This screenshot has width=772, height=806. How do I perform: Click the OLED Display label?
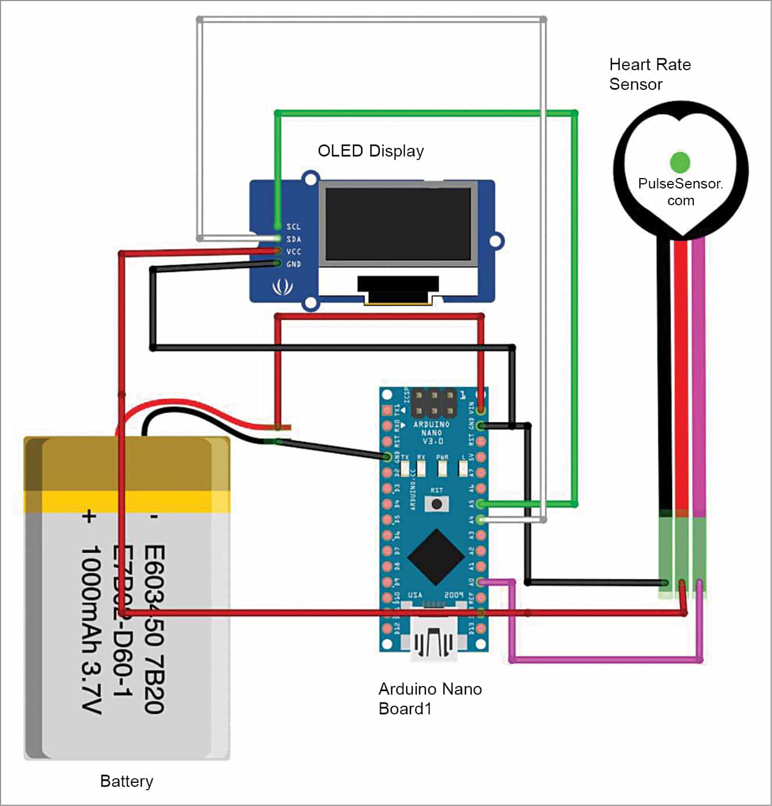pos(370,151)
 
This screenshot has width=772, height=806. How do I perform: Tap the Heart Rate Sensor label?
pos(649,74)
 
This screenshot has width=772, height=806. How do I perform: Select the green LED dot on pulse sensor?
pos(679,162)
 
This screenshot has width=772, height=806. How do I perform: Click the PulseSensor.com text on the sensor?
pos(680,192)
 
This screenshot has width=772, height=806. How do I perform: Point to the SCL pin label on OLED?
pos(293,227)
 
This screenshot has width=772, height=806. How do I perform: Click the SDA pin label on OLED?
pos(293,239)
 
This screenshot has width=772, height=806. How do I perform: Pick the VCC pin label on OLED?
pos(293,252)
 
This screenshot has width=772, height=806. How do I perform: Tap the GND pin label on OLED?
pos(293,264)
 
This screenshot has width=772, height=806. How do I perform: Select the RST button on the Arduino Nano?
pos(436,503)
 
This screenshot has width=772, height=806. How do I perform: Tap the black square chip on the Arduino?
pos(436,557)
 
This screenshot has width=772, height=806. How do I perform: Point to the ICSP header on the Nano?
pos(433,403)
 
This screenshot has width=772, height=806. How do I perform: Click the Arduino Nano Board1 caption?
pos(429,698)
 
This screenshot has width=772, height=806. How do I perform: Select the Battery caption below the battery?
pos(126,781)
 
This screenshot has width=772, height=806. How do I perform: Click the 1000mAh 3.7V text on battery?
pos(91,629)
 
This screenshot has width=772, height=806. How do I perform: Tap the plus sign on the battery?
pos(88,515)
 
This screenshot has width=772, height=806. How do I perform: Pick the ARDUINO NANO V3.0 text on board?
pos(431,433)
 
